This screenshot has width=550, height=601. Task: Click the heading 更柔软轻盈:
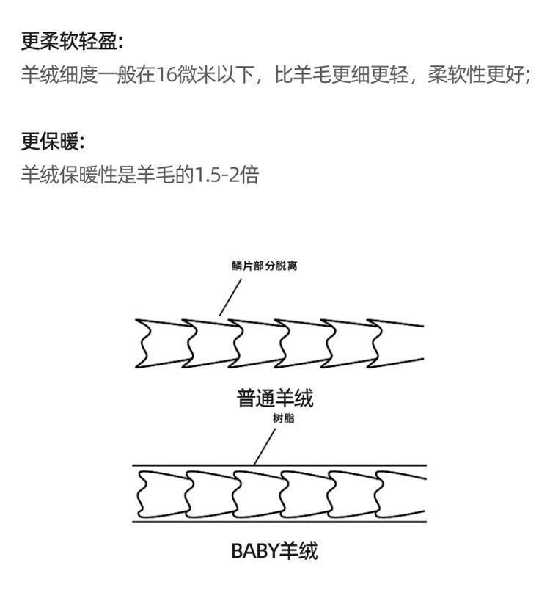(x=72, y=41)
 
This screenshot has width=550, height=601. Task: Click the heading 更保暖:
(x=53, y=142)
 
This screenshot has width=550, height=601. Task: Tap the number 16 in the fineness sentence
(x=166, y=74)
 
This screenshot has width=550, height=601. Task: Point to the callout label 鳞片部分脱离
(x=264, y=266)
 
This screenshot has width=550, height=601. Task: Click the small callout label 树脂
(x=283, y=418)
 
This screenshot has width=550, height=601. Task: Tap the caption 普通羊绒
(x=275, y=398)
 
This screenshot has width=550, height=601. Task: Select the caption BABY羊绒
(x=274, y=551)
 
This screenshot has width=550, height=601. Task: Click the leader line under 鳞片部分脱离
(x=230, y=297)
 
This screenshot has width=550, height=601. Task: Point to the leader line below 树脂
(x=265, y=447)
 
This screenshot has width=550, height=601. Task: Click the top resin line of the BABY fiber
(x=279, y=465)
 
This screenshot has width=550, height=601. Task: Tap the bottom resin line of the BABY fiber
(x=279, y=522)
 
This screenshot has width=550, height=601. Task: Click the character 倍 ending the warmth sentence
(x=250, y=175)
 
